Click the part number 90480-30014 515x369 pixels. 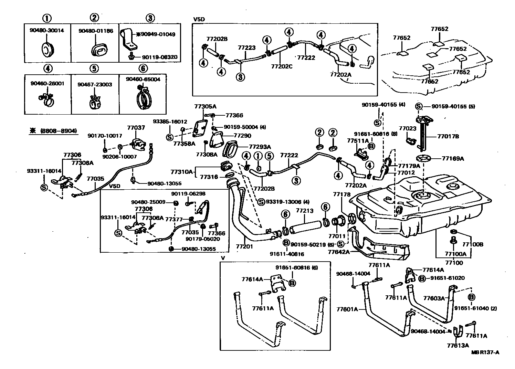pyautogui.click(x=47, y=30)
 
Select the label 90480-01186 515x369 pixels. pyautogui.click(x=96, y=31)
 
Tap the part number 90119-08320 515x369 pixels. pyautogui.click(x=160, y=57)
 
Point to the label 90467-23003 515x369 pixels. pyautogui.click(x=95, y=84)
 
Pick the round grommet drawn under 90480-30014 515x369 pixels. pyautogui.click(x=48, y=50)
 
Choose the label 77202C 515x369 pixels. pyautogui.click(x=282, y=66)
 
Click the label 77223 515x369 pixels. pyautogui.click(x=247, y=48)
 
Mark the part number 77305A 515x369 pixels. pyautogui.click(x=205, y=106)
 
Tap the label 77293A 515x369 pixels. pyautogui.click(x=260, y=147)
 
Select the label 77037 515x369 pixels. pyautogui.click(x=136, y=128)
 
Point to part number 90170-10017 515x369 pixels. pyautogui.click(x=105, y=136)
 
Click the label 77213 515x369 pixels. pyautogui.click(x=305, y=211)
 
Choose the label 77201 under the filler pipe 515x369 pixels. pyautogui.click(x=244, y=246)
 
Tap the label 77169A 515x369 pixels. pyautogui.click(x=453, y=158)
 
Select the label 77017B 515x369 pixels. pyautogui.click(x=448, y=136)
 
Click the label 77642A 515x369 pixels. pyautogui.click(x=339, y=252)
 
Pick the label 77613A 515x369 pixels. pyautogui.click(x=458, y=345)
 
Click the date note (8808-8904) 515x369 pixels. pyautogui.click(x=59, y=131)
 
